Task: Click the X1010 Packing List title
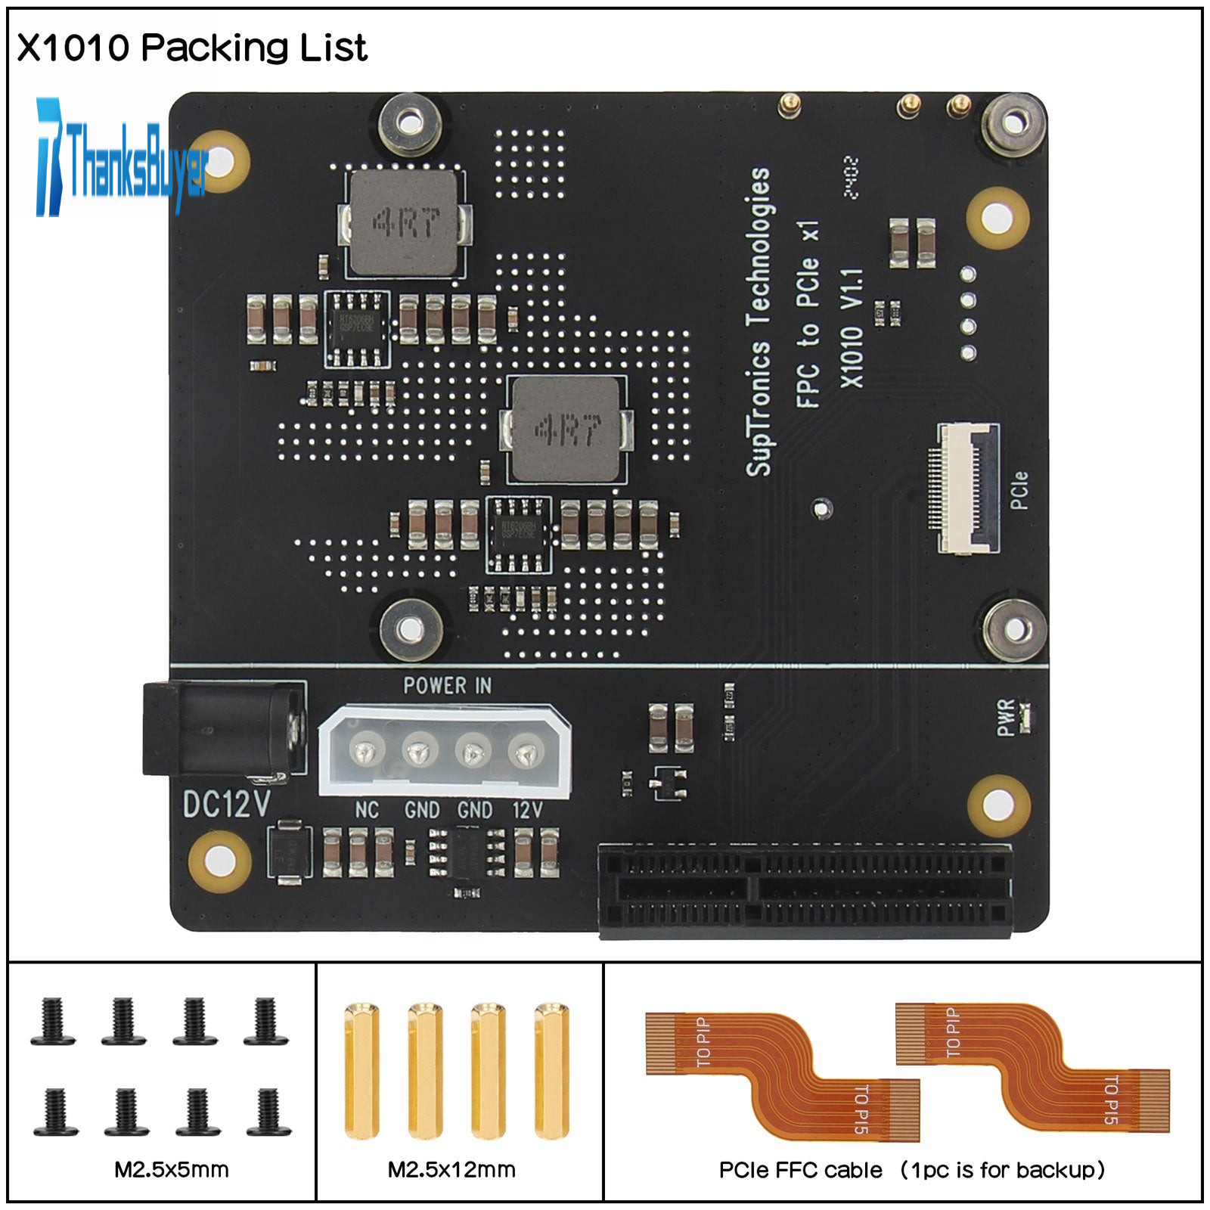[x=191, y=48]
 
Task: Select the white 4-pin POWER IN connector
[x=445, y=750]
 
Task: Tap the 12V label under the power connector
[x=527, y=811]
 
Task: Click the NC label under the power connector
[x=367, y=811]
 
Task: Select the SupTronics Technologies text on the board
[x=759, y=321]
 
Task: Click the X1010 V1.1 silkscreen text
[x=852, y=327]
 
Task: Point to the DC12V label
[x=226, y=805]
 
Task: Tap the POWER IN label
[x=447, y=686]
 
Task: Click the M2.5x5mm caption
[x=172, y=1170]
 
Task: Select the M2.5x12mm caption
[x=451, y=1170]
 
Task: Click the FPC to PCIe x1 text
[x=808, y=314]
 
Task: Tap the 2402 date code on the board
[x=852, y=178]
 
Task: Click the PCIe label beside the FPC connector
[x=1019, y=490]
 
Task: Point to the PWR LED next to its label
[x=1025, y=717]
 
